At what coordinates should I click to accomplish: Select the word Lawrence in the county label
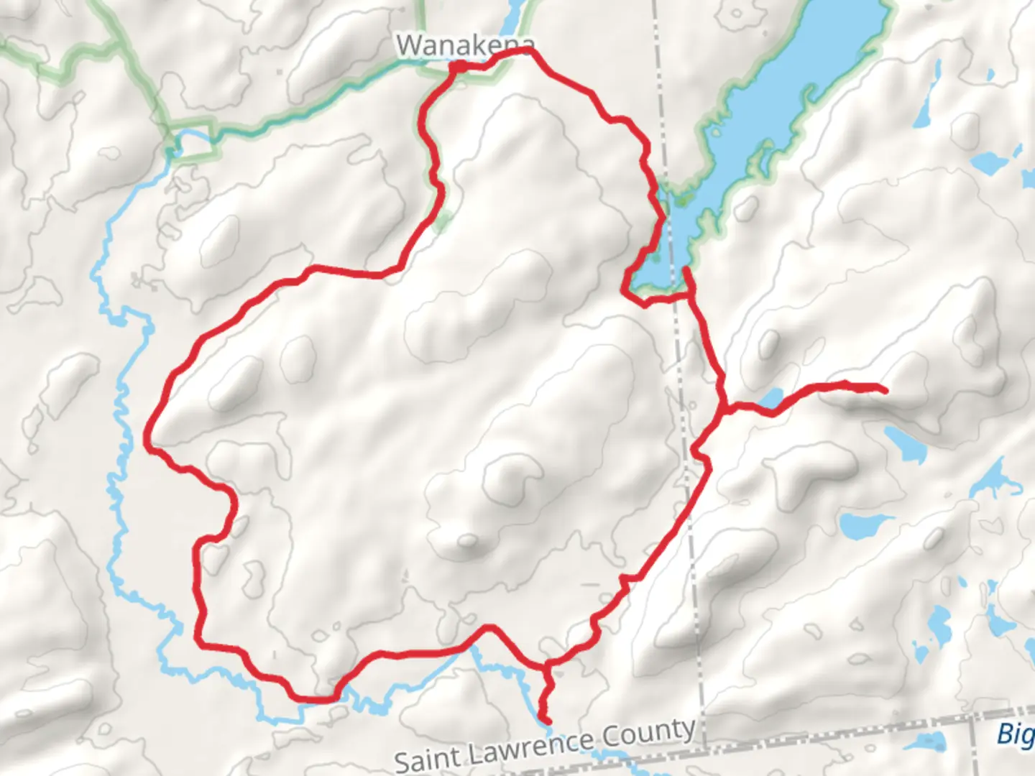tap(529, 745)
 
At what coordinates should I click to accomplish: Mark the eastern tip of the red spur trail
tap(883, 390)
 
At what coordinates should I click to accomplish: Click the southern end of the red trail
tap(548, 721)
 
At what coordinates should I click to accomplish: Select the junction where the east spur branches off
tap(725, 410)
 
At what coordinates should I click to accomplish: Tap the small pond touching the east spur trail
tap(770, 398)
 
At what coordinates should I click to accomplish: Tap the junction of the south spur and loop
tap(548, 665)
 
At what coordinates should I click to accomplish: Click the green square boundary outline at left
tap(194, 143)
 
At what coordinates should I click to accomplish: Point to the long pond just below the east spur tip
tap(904, 443)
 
